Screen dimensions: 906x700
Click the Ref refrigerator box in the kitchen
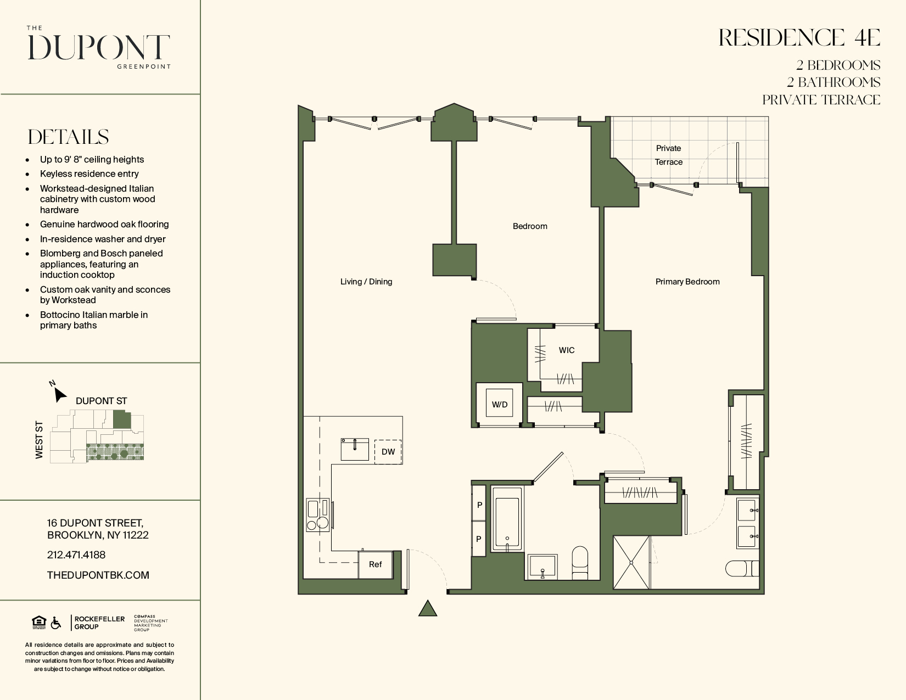tap(375, 564)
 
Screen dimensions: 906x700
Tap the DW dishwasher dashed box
tap(388, 451)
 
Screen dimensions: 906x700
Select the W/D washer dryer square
tap(500, 405)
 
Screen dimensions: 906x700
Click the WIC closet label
tap(567, 350)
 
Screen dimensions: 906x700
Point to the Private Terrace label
tap(668, 155)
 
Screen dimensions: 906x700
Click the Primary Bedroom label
tap(687, 282)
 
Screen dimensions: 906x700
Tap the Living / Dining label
tap(366, 282)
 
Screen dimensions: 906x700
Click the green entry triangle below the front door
tap(427, 608)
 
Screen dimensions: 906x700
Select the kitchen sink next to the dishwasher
tap(355, 449)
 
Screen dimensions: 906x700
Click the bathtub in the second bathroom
tap(507, 519)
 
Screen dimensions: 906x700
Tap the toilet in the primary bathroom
tap(742, 568)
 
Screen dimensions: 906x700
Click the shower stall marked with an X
tap(631, 562)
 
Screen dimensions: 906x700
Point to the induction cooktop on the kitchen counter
tap(318, 515)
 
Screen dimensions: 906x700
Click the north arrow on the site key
tap(60, 394)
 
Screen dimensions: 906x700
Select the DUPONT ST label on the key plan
tap(102, 401)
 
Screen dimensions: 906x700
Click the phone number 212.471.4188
tap(76, 555)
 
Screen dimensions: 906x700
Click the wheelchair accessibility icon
tap(56, 623)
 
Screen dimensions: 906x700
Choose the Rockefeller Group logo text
tap(99, 623)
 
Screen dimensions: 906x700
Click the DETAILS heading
tap(68, 137)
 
